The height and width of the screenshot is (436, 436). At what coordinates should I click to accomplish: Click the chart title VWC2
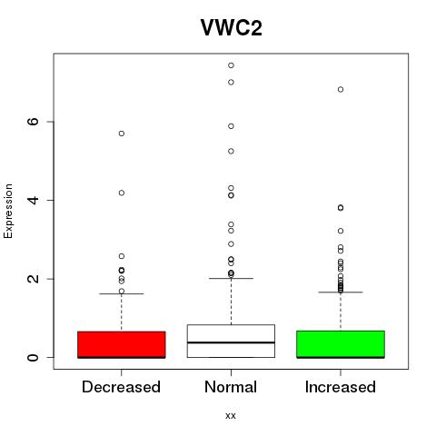pyautogui.click(x=232, y=27)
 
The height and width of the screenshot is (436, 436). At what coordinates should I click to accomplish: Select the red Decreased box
pyautogui.click(x=122, y=344)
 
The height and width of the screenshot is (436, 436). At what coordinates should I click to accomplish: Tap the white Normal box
pyautogui.click(x=231, y=341)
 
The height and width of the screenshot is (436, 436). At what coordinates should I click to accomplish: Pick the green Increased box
pyautogui.click(x=341, y=344)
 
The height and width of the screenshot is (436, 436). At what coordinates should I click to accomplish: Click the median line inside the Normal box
pyautogui.click(x=231, y=342)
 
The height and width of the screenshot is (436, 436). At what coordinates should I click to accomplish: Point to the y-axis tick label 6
pyautogui.click(x=33, y=122)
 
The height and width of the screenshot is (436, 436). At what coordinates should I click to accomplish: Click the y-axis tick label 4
pyautogui.click(x=33, y=200)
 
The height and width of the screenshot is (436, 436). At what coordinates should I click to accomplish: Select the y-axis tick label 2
pyautogui.click(x=33, y=279)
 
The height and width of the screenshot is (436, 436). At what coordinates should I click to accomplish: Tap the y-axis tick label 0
pyautogui.click(x=33, y=357)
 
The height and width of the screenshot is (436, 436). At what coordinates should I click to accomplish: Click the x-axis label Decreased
pyautogui.click(x=121, y=387)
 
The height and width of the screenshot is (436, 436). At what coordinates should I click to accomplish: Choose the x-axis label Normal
pyautogui.click(x=231, y=387)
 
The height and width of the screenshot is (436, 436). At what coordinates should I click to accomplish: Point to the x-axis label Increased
pyautogui.click(x=341, y=387)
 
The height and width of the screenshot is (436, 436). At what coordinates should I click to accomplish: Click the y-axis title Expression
pyautogui.click(x=8, y=211)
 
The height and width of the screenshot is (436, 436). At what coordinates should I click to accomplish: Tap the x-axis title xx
pyautogui.click(x=231, y=416)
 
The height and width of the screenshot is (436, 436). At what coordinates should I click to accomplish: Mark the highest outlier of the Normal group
pyautogui.click(x=231, y=65)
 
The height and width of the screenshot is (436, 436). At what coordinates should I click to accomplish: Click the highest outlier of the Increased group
pyautogui.click(x=341, y=89)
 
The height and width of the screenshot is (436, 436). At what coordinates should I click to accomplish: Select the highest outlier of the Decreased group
pyautogui.click(x=122, y=134)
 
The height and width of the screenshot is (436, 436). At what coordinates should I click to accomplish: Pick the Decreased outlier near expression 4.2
pyautogui.click(x=122, y=193)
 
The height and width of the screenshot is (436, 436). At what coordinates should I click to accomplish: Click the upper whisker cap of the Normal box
pyautogui.click(x=231, y=278)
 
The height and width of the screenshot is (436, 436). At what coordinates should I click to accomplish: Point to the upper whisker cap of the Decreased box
pyautogui.click(x=122, y=293)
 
